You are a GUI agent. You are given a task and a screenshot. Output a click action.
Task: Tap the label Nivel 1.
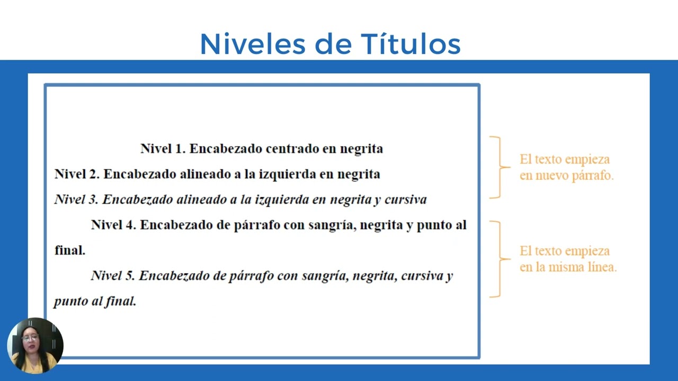pos(163,149)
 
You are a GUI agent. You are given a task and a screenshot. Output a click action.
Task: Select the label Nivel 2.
pos(77,174)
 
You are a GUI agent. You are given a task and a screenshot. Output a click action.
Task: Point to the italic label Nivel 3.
pos(76,199)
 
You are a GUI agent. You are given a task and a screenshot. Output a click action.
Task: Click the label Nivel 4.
pos(113,225)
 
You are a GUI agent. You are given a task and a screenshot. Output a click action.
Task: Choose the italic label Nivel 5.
pos(113,276)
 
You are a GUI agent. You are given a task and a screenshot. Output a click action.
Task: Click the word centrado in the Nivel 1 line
pos(292,149)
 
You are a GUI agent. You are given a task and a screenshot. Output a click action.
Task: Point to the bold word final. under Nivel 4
pos(70,250)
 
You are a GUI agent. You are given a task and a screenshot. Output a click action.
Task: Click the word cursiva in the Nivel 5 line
pos(422,276)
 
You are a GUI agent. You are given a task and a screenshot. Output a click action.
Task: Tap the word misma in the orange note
pos(566,267)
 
